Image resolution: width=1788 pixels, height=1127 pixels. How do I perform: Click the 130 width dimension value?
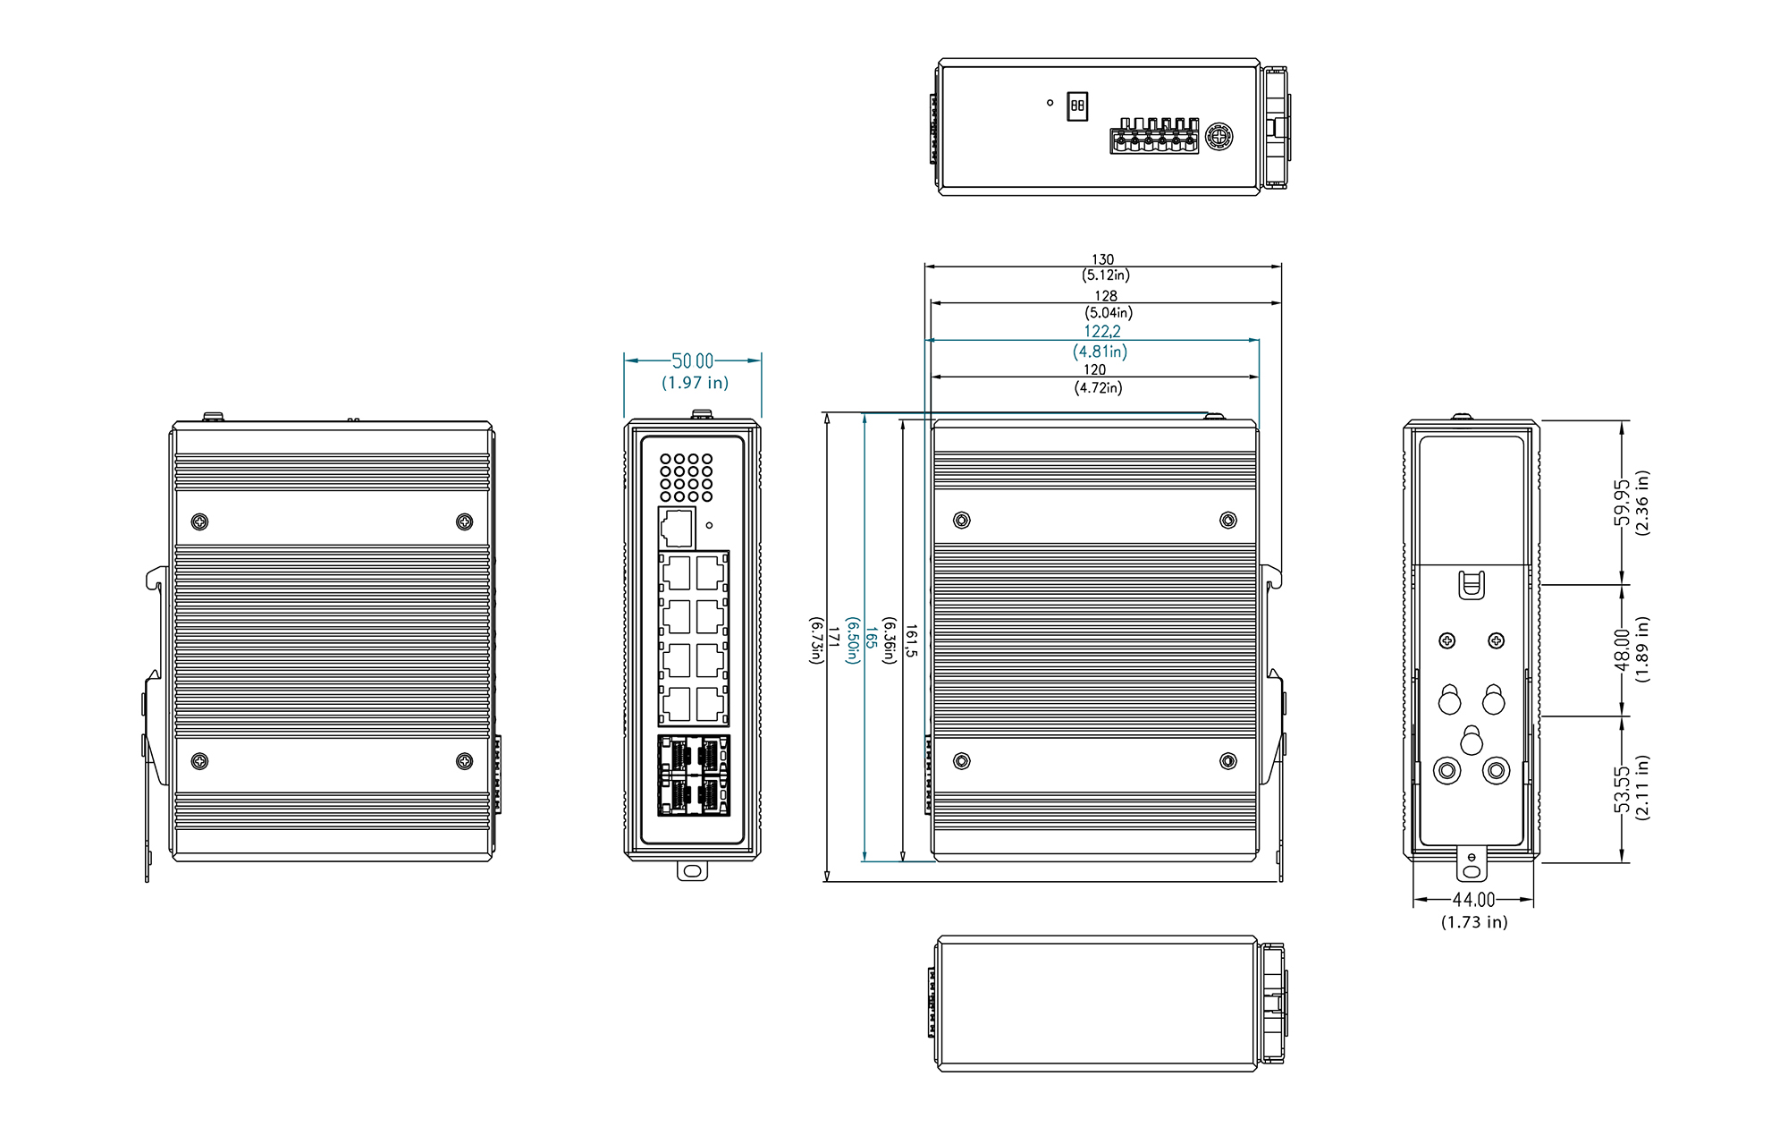tap(1102, 259)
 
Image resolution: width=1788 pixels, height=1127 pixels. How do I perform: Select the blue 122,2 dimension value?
tap(1102, 332)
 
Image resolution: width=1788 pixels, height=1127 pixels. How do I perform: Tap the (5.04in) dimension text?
tap(1109, 313)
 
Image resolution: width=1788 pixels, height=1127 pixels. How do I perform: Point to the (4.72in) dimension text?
tap(1098, 387)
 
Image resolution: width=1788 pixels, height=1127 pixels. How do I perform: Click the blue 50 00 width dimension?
tap(693, 360)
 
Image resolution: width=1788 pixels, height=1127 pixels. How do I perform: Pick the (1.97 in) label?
tap(695, 383)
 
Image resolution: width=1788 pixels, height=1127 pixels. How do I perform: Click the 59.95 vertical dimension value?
tap(1622, 504)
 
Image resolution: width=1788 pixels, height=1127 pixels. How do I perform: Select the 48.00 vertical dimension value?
tap(1622, 649)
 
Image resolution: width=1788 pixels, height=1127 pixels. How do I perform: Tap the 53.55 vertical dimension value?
tap(1622, 790)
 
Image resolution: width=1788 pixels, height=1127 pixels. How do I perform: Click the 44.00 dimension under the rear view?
tap(1473, 900)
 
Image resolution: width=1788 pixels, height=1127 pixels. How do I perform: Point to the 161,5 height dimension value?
tap(911, 641)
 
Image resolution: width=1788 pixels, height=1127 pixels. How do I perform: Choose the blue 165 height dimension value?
tap(870, 638)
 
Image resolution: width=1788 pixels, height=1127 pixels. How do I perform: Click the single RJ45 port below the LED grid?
tap(677, 528)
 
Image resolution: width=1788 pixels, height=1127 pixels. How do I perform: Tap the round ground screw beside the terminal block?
tap(1219, 138)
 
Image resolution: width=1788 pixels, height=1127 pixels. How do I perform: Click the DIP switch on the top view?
tap(1077, 106)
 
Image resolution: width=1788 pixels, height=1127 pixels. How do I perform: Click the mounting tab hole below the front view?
tap(692, 870)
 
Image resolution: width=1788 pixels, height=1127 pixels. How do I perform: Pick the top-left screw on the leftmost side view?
tap(200, 521)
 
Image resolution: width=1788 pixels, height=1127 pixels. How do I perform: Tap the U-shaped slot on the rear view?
tap(1471, 586)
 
